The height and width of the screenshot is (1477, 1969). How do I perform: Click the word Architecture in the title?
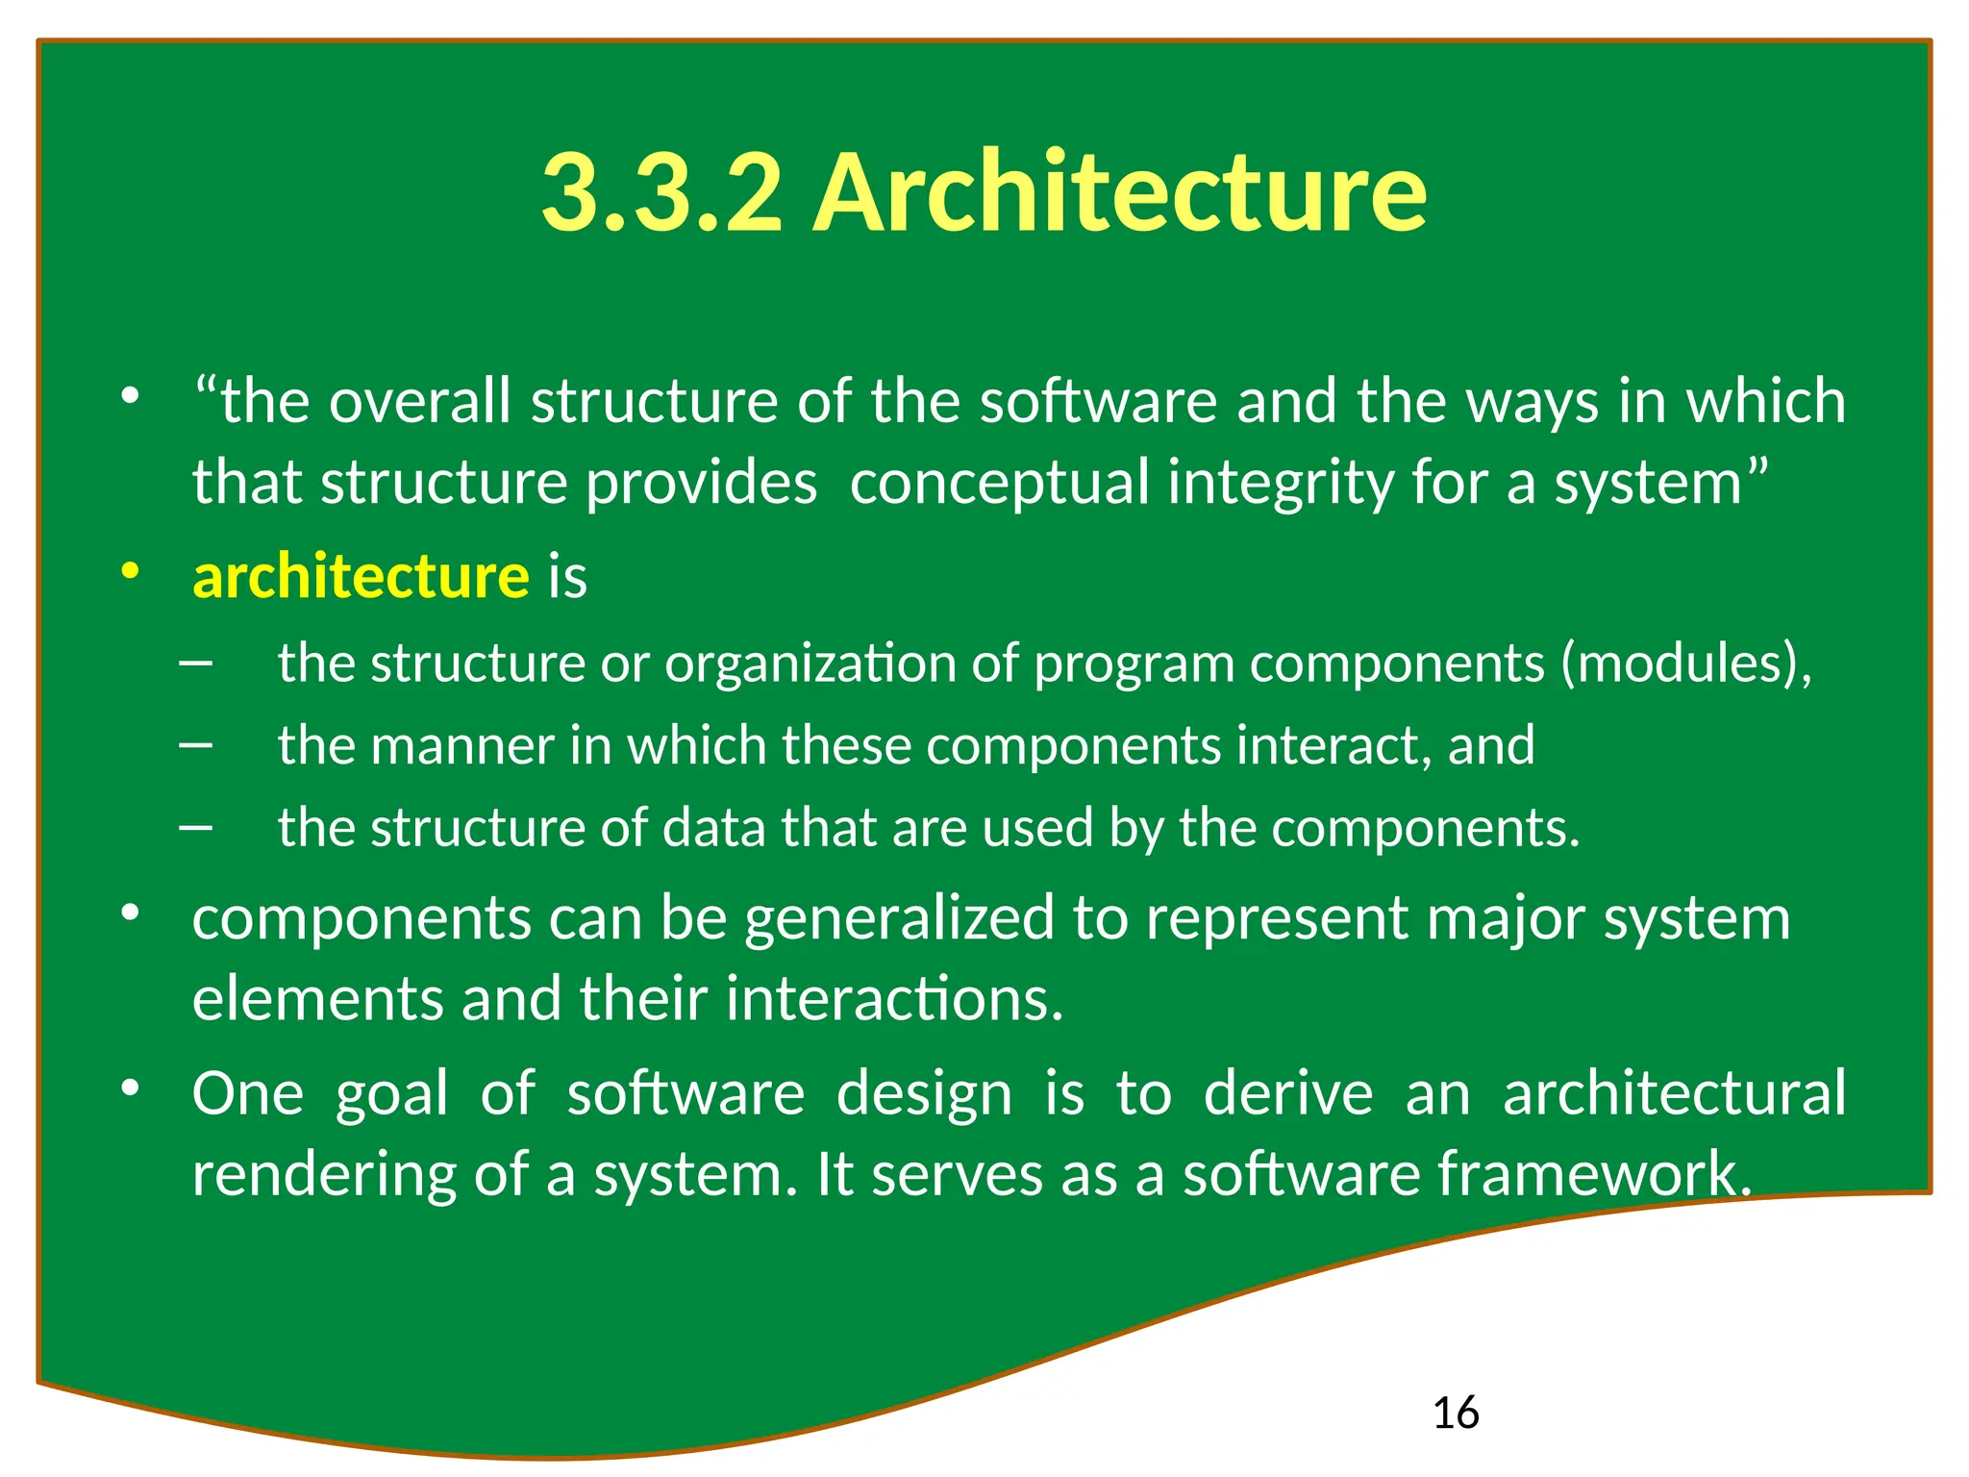click(1119, 192)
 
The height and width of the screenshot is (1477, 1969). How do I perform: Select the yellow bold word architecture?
click(361, 577)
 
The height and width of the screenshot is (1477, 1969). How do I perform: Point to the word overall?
click(419, 401)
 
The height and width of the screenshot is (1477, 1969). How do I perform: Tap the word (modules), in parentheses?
click(1686, 663)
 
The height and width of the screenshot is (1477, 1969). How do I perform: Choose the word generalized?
click(900, 918)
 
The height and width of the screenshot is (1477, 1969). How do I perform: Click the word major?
click(1506, 918)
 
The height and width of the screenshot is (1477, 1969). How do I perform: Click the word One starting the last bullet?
click(248, 1093)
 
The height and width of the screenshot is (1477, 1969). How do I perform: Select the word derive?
click(1288, 1093)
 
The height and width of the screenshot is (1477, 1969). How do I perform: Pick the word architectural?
click(1674, 1093)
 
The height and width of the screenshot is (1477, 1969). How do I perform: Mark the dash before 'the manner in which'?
click(195, 745)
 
